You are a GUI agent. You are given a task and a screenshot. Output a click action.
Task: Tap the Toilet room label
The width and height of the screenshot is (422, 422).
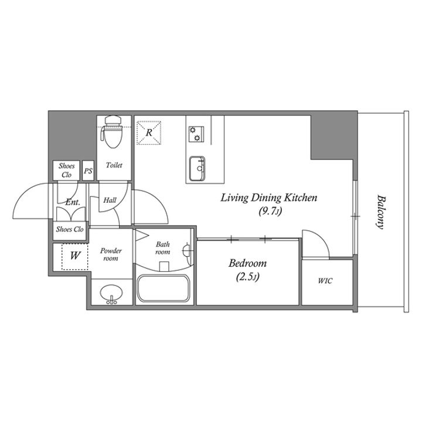pyautogui.click(x=114, y=165)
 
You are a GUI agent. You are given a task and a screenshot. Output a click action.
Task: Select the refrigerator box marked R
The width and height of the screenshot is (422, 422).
pyautogui.click(x=149, y=132)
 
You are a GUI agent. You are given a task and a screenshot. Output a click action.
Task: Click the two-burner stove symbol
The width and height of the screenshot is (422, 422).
pyautogui.click(x=196, y=134)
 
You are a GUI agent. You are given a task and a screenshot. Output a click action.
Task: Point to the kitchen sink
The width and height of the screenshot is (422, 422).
pyautogui.click(x=197, y=168)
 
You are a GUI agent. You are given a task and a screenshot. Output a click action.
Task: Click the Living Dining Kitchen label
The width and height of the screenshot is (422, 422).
pyautogui.click(x=269, y=198)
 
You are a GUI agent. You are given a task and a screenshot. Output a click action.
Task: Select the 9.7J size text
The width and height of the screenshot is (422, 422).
pyautogui.click(x=270, y=212)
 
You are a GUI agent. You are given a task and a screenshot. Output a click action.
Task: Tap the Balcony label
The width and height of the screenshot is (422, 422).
pyautogui.click(x=381, y=212)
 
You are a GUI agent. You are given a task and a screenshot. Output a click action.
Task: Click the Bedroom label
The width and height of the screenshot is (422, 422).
pyautogui.click(x=247, y=263)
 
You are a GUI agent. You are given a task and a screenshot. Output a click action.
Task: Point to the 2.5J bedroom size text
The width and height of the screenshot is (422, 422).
pyautogui.click(x=247, y=277)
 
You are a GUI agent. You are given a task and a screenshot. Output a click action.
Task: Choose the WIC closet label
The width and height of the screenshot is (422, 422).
pyautogui.click(x=325, y=281)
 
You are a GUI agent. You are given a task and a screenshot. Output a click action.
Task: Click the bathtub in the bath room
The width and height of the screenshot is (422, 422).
pyautogui.click(x=164, y=288)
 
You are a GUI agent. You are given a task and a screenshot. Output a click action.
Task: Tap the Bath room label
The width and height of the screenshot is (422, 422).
pyautogui.click(x=162, y=248)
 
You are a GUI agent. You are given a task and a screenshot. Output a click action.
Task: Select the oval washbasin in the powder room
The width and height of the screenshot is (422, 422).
pyautogui.click(x=111, y=294)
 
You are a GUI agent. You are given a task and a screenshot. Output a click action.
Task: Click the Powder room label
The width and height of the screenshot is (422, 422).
pyautogui.click(x=111, y=254)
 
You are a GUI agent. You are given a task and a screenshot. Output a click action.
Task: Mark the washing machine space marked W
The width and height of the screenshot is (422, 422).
pyautogui.click(x=75, y=256)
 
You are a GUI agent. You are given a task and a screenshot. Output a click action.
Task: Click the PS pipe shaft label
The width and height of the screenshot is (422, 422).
pyautogui.click(x=88, y=171)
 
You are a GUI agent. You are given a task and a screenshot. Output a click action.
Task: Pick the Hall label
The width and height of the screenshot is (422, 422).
pyautogui.click(x=110, y=200)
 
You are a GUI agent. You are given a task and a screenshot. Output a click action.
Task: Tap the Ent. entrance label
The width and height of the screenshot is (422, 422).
pyautogui.click(x=73, y=202)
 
